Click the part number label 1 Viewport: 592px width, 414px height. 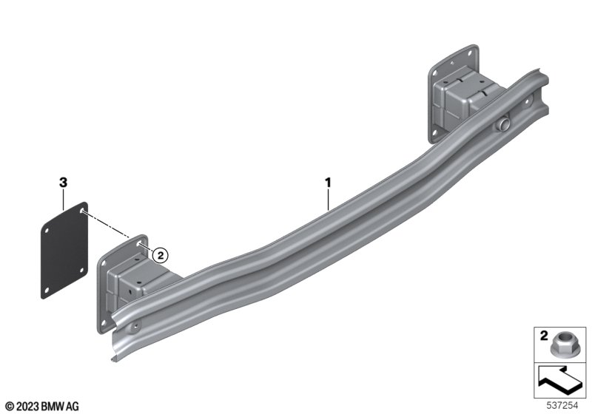click(328, 183)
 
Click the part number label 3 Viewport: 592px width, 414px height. click(63, 183)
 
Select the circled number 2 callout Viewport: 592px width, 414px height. click(160, 256)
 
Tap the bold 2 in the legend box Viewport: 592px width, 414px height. click(544, 335)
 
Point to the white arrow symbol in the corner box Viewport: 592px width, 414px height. click(559, 381)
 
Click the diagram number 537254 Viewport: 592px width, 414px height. click(562, 406)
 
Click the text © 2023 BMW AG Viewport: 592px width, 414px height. click(43, 407)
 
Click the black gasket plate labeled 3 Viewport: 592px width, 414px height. click(64, 251)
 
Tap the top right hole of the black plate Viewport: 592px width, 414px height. click(82, 210)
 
